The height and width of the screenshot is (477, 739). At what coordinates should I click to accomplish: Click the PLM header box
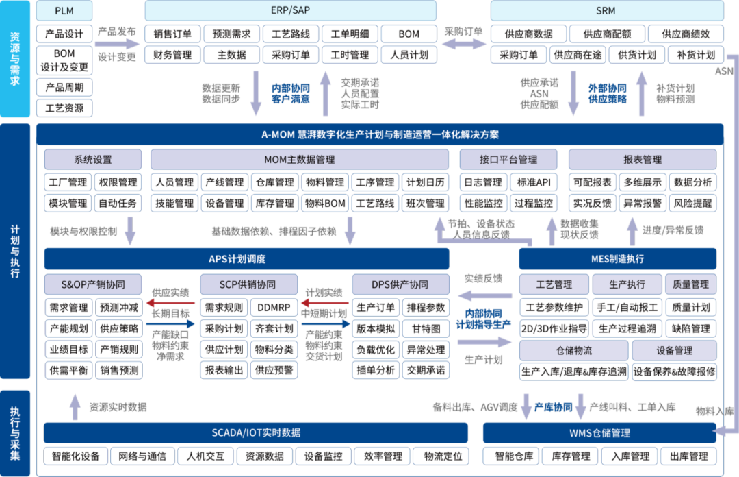pos(64,10)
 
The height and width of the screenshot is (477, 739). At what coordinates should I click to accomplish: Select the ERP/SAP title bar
pos(291,10)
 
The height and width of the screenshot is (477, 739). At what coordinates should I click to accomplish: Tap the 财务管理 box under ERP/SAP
pos(172,55)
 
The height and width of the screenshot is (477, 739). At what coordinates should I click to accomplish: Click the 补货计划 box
pos(695,55)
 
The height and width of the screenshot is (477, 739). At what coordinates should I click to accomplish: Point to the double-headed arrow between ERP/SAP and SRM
pos(463,43)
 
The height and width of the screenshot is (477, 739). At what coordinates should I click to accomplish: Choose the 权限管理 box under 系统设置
pos(118,182)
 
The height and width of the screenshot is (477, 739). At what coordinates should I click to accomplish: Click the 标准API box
pos(534,182)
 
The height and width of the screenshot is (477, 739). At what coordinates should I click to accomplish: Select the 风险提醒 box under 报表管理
pos(692,204)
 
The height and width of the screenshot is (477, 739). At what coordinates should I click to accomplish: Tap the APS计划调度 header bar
pos(246,259)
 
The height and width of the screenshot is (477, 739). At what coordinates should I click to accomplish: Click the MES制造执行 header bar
pos(617,259)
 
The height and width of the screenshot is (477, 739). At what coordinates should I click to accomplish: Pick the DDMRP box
pos(274,308)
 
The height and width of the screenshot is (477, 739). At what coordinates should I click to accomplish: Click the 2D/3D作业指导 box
pos(554,328)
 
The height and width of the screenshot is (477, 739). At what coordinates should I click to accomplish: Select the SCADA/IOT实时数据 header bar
pos(255,433)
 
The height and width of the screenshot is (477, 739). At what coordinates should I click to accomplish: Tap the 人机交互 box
pos(205,456)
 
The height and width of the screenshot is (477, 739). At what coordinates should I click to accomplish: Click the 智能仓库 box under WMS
pos(510,456)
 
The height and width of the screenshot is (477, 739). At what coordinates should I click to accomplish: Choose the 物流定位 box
pos(443,456)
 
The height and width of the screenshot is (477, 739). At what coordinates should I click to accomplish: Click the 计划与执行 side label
pos(15,250)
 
